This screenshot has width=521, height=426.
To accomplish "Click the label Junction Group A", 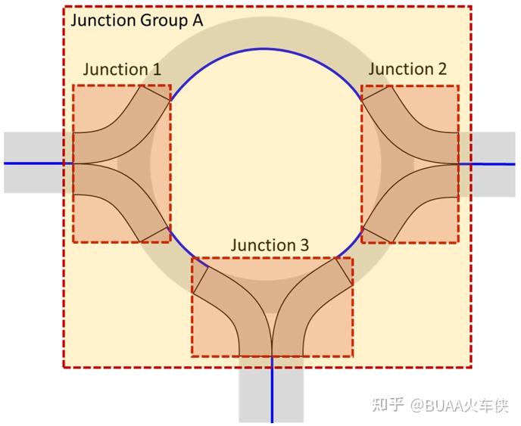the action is pos(136,20).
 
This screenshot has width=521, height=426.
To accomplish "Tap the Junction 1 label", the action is pos(121,70).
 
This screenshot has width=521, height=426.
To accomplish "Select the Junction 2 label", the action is pos(407,69).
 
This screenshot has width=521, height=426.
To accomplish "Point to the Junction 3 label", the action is pos(270,245).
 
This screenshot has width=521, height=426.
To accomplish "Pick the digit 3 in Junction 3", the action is pos(304,245).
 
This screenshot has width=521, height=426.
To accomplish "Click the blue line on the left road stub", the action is pos(34,163).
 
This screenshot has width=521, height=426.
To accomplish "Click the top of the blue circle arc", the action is pos(264,48).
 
